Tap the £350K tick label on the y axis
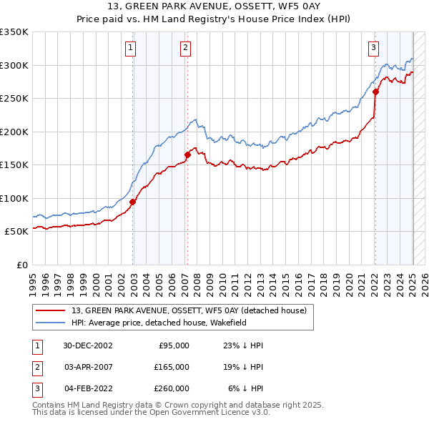14,32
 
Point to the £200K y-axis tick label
14,132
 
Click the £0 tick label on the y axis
21,265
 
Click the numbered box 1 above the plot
131,48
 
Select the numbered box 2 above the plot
185,48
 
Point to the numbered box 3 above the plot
373,48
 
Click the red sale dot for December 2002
133,202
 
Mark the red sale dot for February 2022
375,92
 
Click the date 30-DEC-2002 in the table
88,345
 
